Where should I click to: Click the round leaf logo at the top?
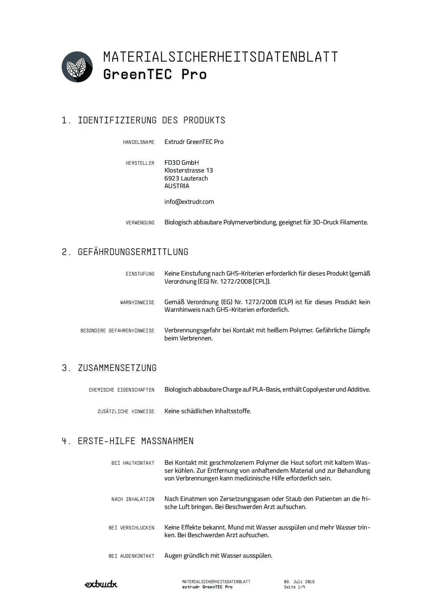(77, 67)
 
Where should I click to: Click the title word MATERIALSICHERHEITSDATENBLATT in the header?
(220, 57)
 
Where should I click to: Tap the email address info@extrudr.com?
(189, 202)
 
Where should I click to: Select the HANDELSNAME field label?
(138, 142)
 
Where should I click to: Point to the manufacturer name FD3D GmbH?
(181, 163)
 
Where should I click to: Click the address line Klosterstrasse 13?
(189, 170)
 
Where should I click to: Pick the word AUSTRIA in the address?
(177, 186)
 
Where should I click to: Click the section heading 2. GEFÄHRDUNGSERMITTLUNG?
(125, 252)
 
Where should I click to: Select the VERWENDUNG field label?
(140, 223)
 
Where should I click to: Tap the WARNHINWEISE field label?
(137, 302)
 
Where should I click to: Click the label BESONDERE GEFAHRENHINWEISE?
(117, 331)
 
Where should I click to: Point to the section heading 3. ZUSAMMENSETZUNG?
(109, 368)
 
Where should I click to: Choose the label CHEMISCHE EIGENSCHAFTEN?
(121, 390)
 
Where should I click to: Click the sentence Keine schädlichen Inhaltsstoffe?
(207, 411)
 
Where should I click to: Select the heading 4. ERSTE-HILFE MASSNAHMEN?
(128, 441)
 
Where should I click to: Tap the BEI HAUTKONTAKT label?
(133, 463)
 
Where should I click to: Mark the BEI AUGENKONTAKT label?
(131, 556)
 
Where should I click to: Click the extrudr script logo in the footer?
(101, 584)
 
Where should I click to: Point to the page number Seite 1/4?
(294, 587)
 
